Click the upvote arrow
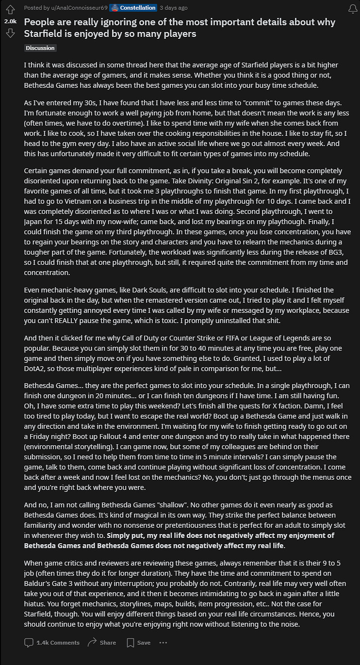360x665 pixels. coord(10,10)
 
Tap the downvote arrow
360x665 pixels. coord(10,33)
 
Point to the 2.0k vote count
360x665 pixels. coord(10,21)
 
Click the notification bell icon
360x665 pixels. coord(353,9)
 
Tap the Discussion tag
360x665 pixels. coord(40,48)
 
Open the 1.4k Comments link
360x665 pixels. coord(52,642)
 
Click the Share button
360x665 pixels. coord(102,642)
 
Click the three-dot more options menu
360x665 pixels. coord(163,642)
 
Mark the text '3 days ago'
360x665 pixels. coord(174,8)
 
